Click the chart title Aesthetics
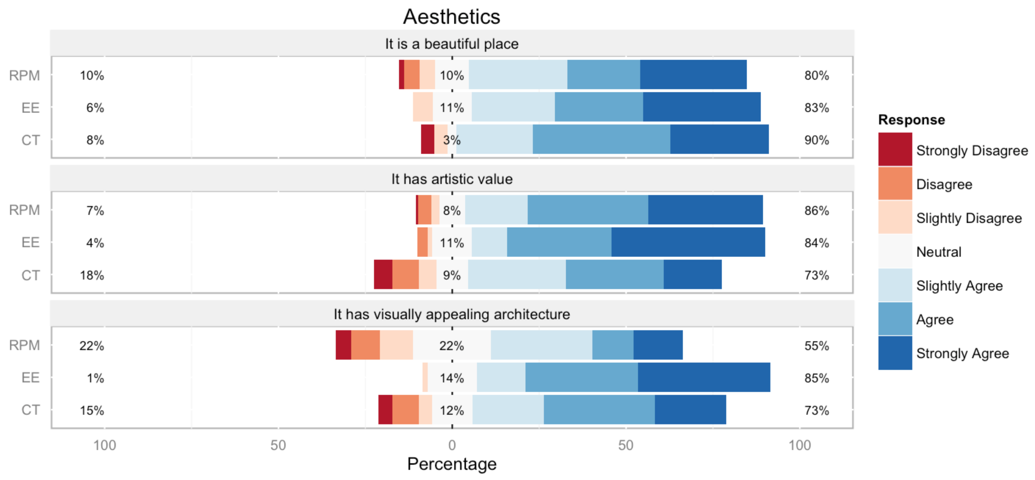coord(452,17)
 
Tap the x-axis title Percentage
coord(452,464)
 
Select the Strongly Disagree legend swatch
coord(895,149)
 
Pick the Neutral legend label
coord(939,252)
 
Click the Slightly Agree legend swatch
coord(895,285)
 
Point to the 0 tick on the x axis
coord(452,445)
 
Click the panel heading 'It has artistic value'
coord(452,179)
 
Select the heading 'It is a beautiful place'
coord(452,44)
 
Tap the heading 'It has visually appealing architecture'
coord(452,314)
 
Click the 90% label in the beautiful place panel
coord(817,140)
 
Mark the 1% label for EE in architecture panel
coord(96,378)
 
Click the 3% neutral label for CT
coord(452,140)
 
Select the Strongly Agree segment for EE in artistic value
coord(688,242)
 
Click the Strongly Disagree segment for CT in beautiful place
coord(427,139)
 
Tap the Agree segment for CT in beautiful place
coord(602,139)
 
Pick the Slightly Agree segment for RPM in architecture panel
coord(541,345)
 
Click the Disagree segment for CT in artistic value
coord(406,274)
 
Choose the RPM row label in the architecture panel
coord(24,345)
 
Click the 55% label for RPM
coord(817,346)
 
